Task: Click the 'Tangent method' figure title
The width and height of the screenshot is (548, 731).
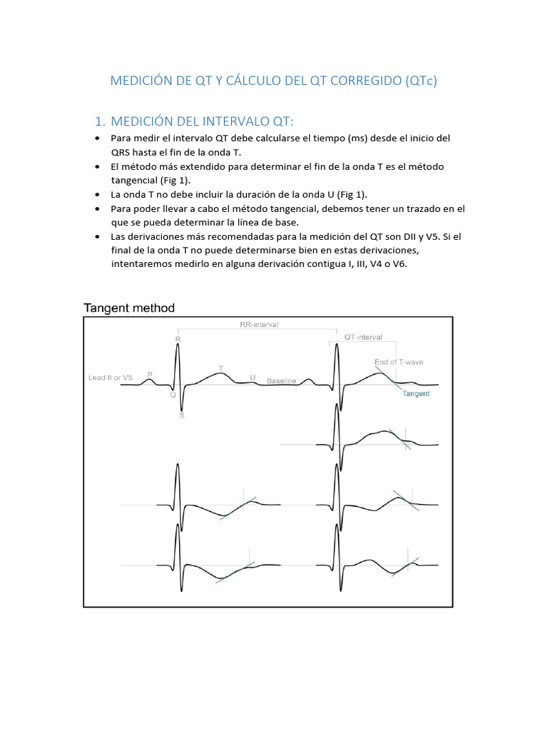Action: [x=129, y=308]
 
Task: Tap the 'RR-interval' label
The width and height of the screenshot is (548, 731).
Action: [x=258, y=324]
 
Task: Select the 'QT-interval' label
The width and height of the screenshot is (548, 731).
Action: [x=363, y=337]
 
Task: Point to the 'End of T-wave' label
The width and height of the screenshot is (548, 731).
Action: [x=398, y=362]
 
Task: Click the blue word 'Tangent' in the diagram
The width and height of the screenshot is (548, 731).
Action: [x=416, y=393]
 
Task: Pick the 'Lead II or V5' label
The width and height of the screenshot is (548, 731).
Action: [x=110, y=377]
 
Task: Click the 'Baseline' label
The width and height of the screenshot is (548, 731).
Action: [x=281, y=381]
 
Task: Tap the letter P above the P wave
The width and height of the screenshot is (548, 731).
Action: [x=150, y=373]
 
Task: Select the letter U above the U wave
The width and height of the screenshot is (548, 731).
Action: [x=253, y=377]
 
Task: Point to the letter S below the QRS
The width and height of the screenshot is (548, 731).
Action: [x=181, y=415]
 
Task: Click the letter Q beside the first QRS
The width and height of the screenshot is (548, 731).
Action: [x=173, y=393]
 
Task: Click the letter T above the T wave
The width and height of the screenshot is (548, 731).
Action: [x=221, y=368]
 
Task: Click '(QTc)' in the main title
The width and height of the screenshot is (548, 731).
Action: [x=420, y=81]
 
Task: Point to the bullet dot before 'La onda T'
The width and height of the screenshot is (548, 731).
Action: [x=97, y=194]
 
